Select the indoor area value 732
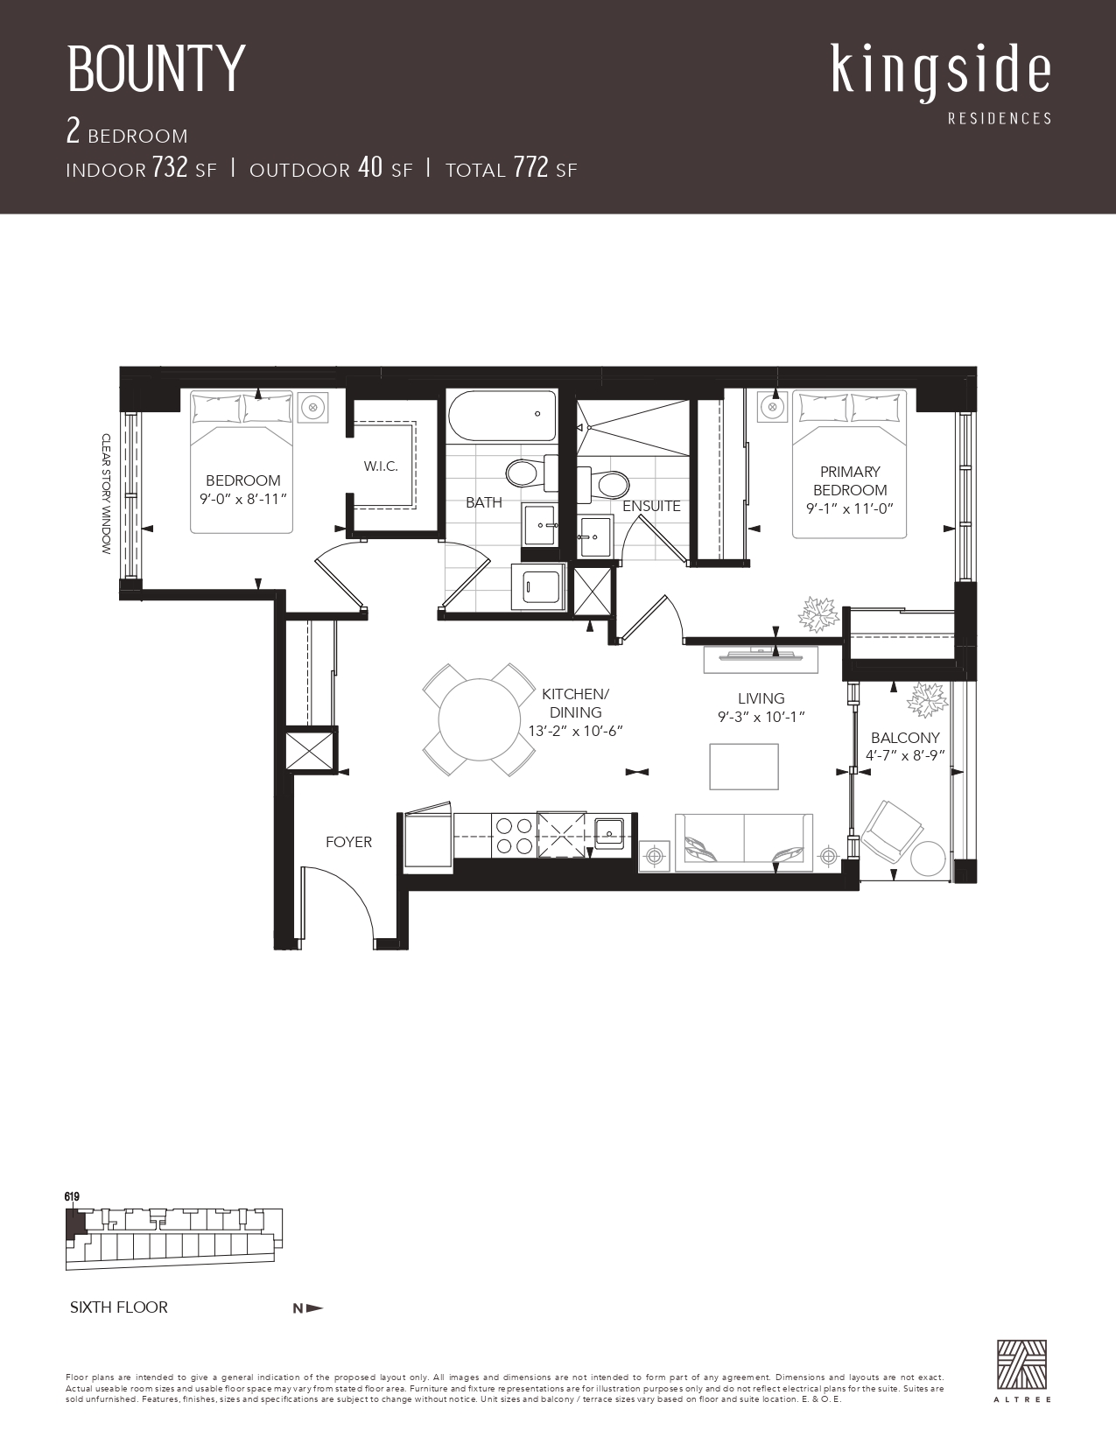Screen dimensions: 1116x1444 point(170,167)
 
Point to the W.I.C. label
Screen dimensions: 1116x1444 point(381,466)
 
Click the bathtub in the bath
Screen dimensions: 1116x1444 point(502,416)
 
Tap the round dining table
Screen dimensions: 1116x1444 point(480,719)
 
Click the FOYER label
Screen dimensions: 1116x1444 point(348,842)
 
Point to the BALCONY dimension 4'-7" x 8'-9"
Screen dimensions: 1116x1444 point(905,755)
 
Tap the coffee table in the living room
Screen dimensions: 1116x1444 point(744,767)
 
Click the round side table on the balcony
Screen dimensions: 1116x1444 point(928,859)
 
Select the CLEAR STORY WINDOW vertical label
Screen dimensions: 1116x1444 point(106,494)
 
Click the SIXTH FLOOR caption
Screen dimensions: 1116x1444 point(119,1307)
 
